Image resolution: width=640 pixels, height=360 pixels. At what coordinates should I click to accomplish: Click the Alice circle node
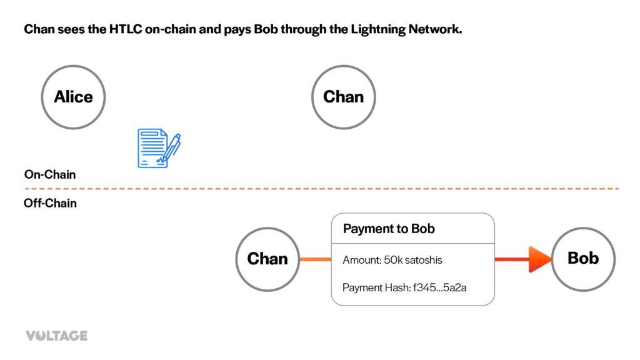coord(73,97)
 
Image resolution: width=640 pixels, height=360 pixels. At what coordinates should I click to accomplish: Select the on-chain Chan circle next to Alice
coord(343,97)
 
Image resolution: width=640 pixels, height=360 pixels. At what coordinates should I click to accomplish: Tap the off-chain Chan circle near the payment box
coord(267,259)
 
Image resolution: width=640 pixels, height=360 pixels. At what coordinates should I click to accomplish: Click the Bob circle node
coord(583,258)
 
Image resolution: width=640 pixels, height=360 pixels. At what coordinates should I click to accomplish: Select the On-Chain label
coord(50,174)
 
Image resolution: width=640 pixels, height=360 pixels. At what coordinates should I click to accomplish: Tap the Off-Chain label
coord(50,203)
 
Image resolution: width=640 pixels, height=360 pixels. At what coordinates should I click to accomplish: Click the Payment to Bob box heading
coord(389,229)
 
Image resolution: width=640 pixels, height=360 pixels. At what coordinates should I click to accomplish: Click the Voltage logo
coord(56,336)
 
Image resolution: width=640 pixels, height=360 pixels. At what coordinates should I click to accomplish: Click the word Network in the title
coord(435,29)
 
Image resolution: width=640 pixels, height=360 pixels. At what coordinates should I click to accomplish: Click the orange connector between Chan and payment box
coord(315,259)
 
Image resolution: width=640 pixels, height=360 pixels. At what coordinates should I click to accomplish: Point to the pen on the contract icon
coord(171,147)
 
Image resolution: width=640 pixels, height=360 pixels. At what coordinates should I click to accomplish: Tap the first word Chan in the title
coord(38,29)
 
